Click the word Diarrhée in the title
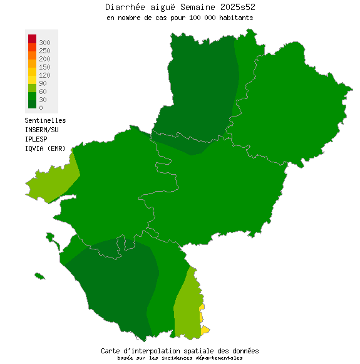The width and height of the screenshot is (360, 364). coord(124,7)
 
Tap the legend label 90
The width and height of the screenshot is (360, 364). coord(42,83)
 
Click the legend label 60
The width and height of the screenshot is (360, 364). coord(42,91)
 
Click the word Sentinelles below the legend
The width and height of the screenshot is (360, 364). coord(45,120)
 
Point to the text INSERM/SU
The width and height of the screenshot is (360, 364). coord(41,130)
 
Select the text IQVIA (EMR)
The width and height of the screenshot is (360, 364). coord(45,148)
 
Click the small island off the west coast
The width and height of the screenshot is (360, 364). coord(39,276)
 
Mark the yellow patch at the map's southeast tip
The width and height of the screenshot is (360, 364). coord(205,330)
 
